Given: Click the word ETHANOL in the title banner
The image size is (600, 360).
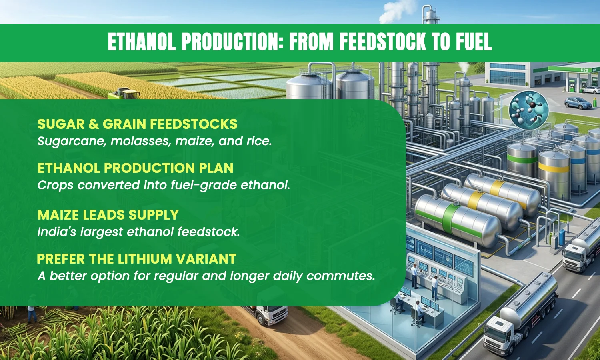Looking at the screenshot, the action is [x=142, y=42].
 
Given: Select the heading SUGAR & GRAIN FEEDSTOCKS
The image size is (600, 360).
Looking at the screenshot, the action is [x=138, y=124].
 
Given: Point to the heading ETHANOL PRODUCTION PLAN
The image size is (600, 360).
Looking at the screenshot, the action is [x=135, y=168].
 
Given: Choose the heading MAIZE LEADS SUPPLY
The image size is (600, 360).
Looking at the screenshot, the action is [x=108, y=214].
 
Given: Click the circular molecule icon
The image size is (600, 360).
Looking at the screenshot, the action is [x=528, y=110].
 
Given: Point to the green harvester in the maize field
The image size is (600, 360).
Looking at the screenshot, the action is [x=124, y=94].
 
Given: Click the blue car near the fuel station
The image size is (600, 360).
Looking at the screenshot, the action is [x=578, y=103].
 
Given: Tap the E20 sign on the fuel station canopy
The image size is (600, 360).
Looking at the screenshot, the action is [x=584, y=70].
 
